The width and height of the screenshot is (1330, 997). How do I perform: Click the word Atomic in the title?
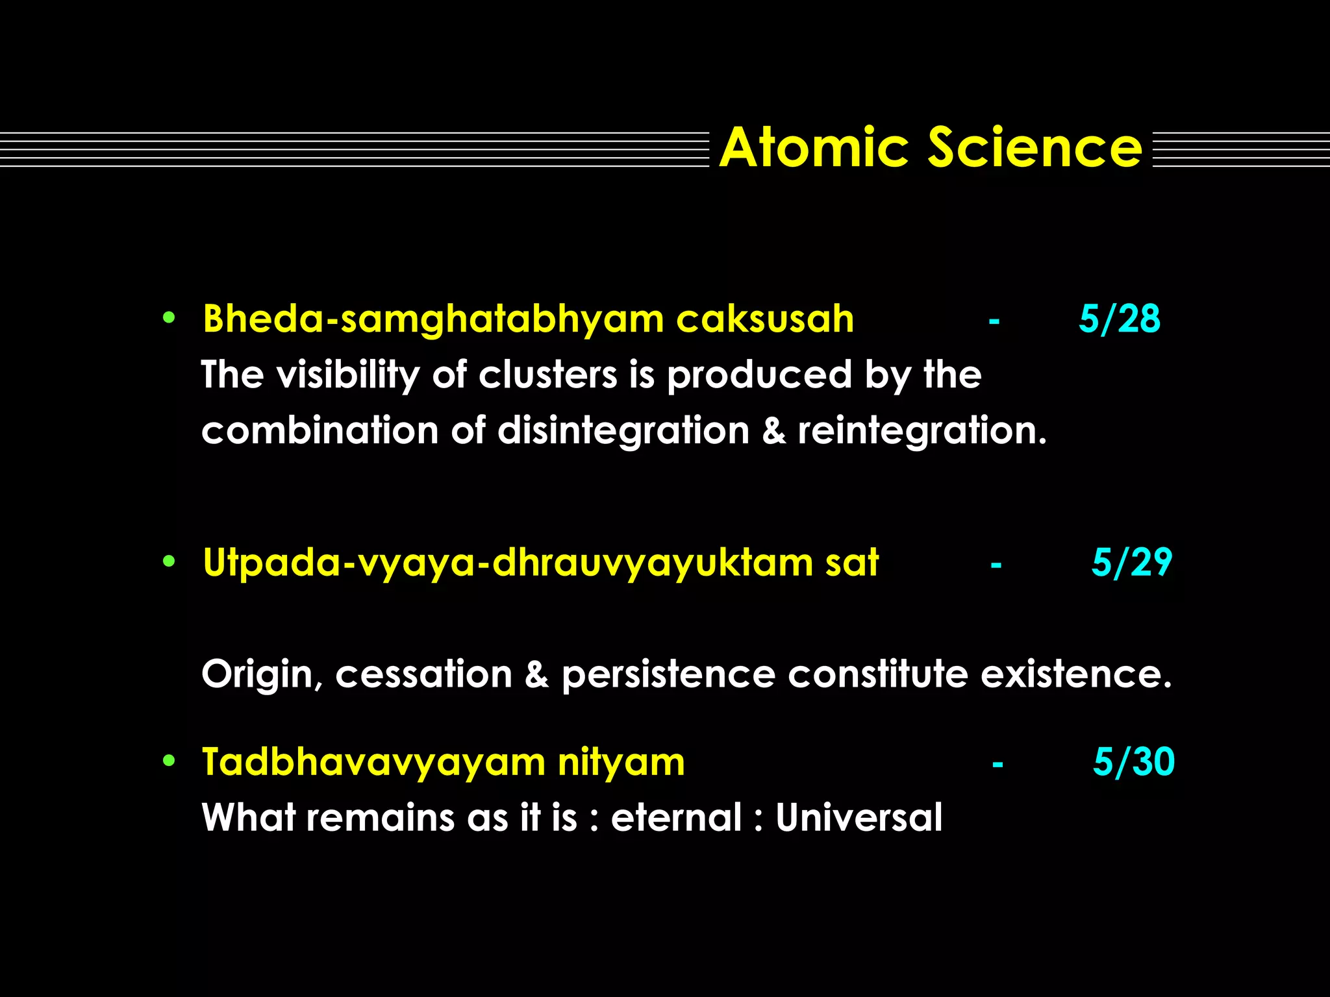pyautogui.click(x=813, y=148)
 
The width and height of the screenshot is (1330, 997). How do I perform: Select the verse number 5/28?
pyautogui.click(x=1120, y=319)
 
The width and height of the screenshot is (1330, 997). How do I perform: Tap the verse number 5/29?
pyautogui.click(x=1131, y=562)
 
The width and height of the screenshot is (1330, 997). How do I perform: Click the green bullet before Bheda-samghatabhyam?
pyautogui.click(x=169, y=318)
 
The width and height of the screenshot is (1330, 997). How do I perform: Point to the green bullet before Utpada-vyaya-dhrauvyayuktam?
pyautogui.click(x=169, y=561)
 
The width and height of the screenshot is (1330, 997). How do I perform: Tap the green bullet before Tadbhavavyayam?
pyautogui.click(x=169, y=761)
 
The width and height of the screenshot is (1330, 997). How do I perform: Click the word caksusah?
pyautogui.click(x=765, y=319)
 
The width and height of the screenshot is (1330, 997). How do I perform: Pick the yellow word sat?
pyautogui.click(x=851, y=563)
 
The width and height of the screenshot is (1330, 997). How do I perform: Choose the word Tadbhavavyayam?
pyautogui.click(x=373, y=763)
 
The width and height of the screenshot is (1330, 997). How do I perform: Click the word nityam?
pyautogui.click(x=621, y=763)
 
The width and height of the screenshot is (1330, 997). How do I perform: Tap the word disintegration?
pyautogui.click(x=623, y=432)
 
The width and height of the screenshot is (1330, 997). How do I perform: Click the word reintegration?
pyautogui.click(x=922, y=432)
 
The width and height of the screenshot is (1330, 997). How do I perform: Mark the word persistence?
pyautogui.click(x=668, y=675)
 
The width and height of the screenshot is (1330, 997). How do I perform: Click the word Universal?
pyautogui.click(x=859, y=817)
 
